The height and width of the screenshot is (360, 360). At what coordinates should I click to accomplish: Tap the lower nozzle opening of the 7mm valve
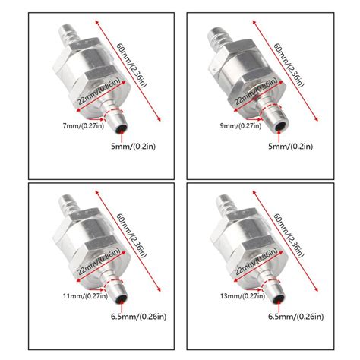pyautogui.click(x=118, y=124)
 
